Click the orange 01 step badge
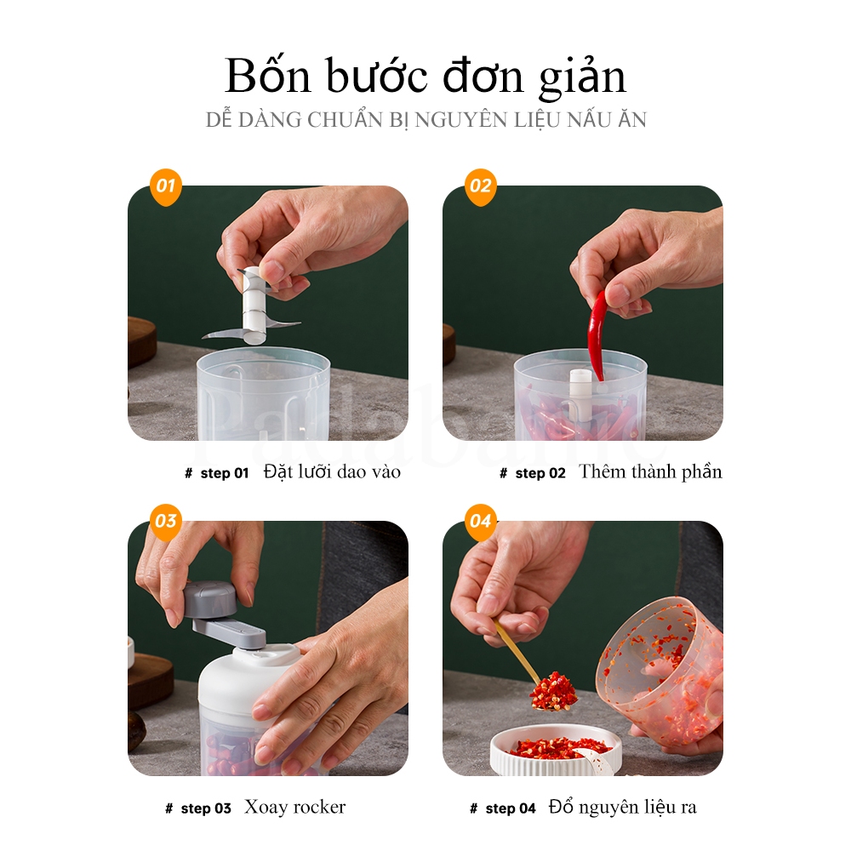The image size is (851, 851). [166, 186]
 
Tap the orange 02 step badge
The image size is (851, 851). [481, 186]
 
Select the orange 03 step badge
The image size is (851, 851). [166, 521]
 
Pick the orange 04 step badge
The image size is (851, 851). [481, 521]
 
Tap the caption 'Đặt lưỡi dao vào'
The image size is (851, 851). [332, 471]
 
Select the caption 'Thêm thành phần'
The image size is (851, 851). [650, 471]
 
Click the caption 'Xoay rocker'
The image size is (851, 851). [294, 807]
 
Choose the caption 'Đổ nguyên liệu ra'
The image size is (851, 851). [622, 807]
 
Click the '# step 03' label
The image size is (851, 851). [197, 808]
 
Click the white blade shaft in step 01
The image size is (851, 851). [252, 303]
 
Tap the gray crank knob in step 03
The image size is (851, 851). [209, 601]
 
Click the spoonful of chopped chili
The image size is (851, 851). [553, 691]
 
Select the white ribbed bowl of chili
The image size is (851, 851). [555, 752]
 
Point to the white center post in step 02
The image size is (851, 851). [580, 396]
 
